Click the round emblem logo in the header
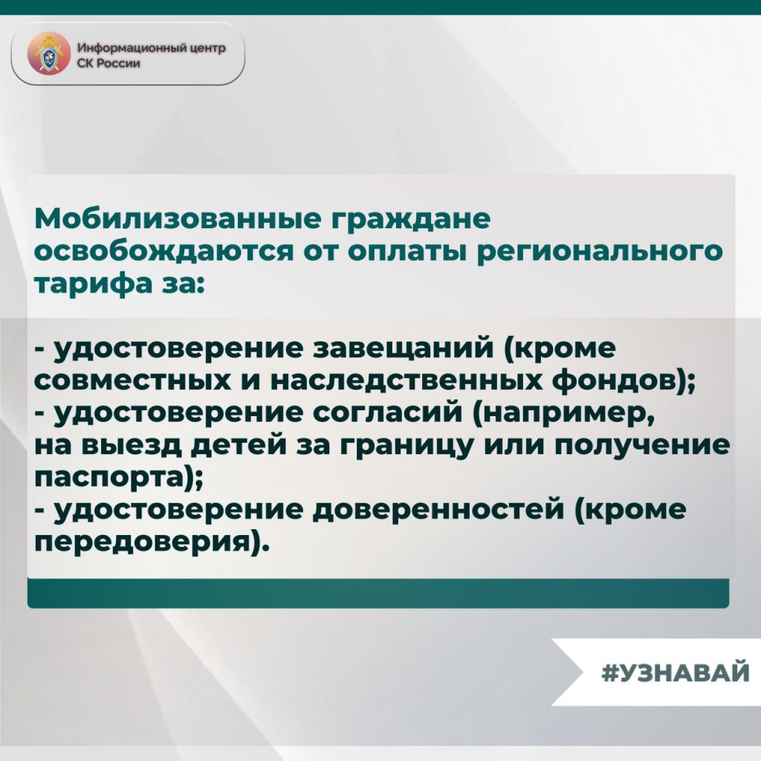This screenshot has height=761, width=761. coord(48,54)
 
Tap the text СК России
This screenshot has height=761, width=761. coord(109,64)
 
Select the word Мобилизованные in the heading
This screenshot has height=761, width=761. coord(178,219)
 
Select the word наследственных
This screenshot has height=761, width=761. coord(407,383)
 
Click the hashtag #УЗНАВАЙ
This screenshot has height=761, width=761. coord(676,673)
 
